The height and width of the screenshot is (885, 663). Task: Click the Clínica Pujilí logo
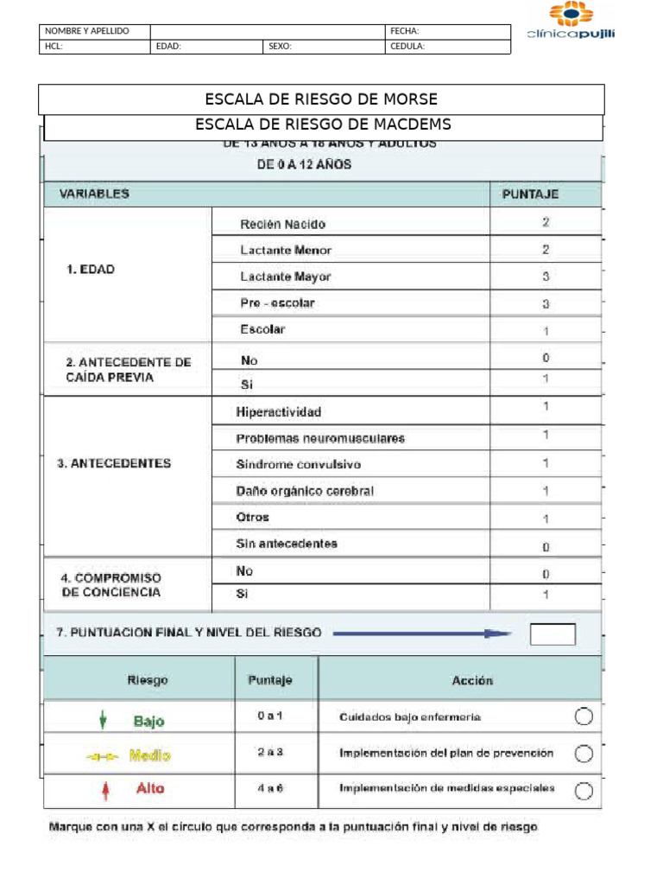(571, 22)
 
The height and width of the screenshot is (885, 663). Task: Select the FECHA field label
(405, 31)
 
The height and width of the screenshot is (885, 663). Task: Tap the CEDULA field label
(407, 47)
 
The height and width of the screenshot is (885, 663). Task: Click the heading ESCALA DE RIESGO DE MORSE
(321, 99)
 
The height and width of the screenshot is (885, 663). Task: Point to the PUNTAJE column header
(530, 194)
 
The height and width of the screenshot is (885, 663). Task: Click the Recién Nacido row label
(282, 224)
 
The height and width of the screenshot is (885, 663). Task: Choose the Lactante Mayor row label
(285, 277)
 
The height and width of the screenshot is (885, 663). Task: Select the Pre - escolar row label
(277, 303)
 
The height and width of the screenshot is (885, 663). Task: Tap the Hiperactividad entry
(278, 412)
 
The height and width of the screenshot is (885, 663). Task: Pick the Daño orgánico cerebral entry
(305, 491)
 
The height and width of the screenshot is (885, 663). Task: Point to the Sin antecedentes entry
(287, 544)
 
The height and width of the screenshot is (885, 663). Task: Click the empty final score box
(552, 634)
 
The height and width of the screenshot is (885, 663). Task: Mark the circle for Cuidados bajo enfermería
(584, 716)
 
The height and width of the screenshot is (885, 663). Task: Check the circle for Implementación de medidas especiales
(584, 789)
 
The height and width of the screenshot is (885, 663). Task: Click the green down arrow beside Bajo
(104, 719)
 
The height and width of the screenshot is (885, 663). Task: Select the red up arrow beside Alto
(104, 789)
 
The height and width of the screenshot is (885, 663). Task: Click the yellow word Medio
(149, 755)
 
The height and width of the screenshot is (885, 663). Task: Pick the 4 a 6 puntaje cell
(270, 787)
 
